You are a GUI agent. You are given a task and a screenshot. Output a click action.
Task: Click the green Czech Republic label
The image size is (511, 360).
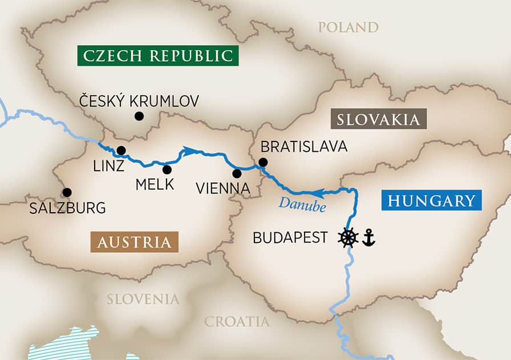[158, 56]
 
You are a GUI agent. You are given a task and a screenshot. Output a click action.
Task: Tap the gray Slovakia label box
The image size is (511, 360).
[379, 119]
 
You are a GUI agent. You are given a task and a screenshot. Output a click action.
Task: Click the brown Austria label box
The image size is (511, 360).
[134, 242]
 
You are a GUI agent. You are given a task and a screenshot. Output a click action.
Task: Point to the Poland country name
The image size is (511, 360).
[348, 27]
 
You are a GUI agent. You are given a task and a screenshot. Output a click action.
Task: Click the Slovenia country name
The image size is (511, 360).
[143, 299]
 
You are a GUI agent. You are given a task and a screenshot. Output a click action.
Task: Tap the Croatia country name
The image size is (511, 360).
[237, 322]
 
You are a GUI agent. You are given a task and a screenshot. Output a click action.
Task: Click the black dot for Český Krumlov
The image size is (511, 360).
[139, 116]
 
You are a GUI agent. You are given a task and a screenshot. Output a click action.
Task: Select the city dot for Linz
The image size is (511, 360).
[121, 151]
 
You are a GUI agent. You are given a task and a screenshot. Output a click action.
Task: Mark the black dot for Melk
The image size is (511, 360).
[167, 169]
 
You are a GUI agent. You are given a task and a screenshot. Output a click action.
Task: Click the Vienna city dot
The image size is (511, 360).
[237, 173]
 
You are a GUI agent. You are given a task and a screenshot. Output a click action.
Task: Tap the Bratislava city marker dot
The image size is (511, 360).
[262, 162]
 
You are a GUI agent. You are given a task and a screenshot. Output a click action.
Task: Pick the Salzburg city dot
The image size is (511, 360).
[67, 192]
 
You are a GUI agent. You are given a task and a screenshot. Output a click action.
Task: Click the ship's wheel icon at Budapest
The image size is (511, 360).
[348, 237]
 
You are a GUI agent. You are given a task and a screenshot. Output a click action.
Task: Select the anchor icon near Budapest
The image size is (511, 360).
[368, 237]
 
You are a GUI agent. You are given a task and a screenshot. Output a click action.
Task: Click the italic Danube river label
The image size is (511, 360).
[302, 206]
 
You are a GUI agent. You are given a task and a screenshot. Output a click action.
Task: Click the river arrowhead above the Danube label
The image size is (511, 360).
[319, 193]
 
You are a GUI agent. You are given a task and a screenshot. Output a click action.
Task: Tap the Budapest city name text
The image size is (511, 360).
[290, 238]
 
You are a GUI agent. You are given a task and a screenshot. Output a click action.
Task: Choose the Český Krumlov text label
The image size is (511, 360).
[139, 102]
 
